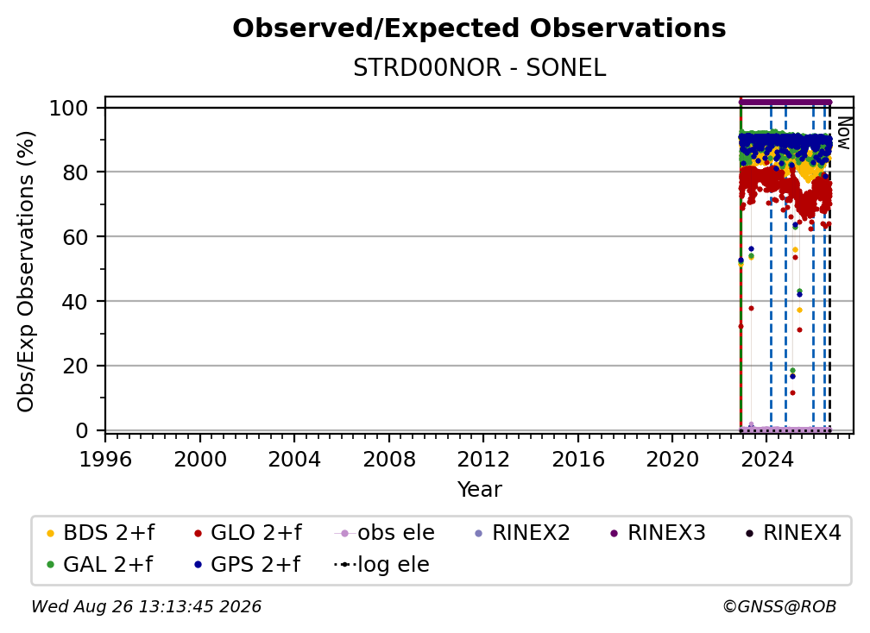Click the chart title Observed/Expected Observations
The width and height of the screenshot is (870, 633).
click(x=479, y=28)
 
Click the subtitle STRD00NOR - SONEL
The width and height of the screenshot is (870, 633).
click(x=479, y=68)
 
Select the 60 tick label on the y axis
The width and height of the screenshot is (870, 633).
click(x=75, y=236)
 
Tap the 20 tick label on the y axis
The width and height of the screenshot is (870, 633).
click(x=75, y=366)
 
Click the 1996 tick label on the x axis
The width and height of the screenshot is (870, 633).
click(x=105, y=460)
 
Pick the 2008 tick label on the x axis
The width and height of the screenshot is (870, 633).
click(x=389, y=460)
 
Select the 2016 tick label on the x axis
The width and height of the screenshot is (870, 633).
click(x=578, y=460)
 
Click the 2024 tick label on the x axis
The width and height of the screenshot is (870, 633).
click(x=766, y=460)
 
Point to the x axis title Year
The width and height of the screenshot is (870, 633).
click(x=479, y=490)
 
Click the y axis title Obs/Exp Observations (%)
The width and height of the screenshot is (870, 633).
click(x=26, y=272)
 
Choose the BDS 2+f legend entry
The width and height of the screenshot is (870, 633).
click(x=100, y=533)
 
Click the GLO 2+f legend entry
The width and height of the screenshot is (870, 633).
click(x=248, y=533)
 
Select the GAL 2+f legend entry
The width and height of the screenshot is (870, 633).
click(x=100, y=564)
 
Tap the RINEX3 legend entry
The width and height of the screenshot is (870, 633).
click(x=658, y=533)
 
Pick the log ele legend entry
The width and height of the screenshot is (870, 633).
click(x=381, y=564)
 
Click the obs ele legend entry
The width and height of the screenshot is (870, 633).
click(x=385, y=533)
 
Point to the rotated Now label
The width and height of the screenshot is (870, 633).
click(x=843, y=133)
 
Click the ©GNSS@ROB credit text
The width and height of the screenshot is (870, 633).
click(x=779, y=606)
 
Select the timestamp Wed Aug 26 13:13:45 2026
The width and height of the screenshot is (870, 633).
click(x=146, y=606)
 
